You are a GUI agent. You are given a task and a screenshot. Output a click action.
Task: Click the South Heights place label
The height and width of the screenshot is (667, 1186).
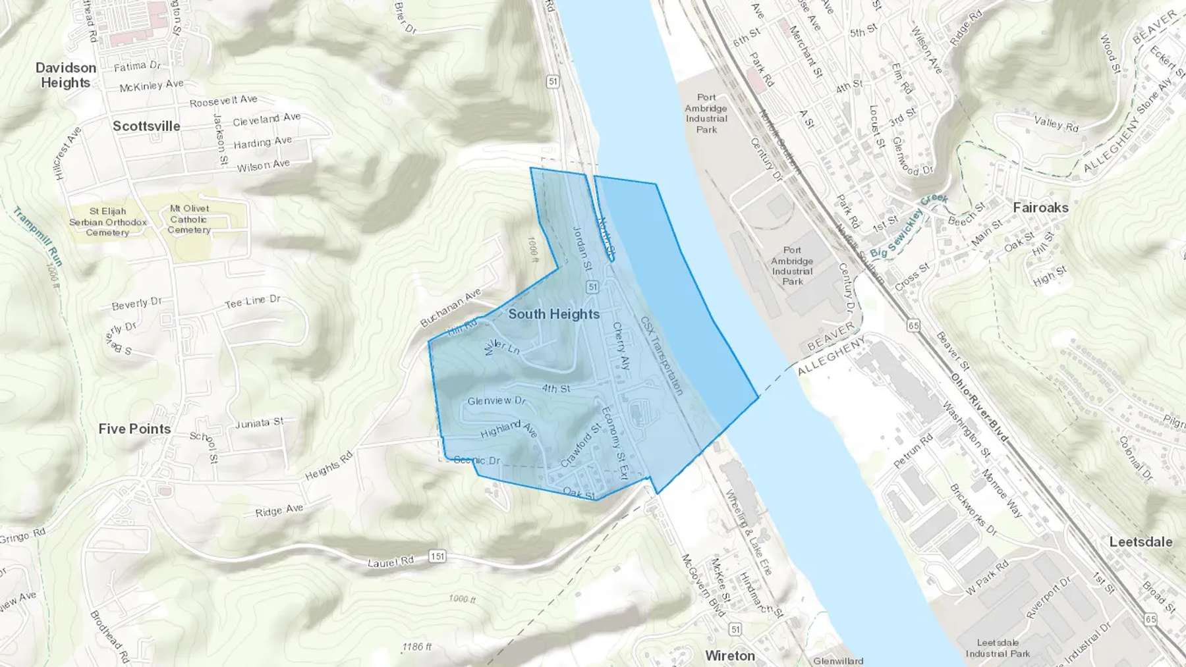pyautogui.click(x=553, y=314)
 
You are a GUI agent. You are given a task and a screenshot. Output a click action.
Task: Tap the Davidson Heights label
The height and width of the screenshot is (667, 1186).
pyautogui.click(x=65, y=75)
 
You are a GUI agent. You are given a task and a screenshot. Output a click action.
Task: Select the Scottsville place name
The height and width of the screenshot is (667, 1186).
pyautogui.click(x=146, y=126)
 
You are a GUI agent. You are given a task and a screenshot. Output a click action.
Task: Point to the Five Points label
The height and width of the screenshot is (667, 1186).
pyautogui.click(x=134, y=429)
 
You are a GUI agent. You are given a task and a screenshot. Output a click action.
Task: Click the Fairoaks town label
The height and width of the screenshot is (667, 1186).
pyautogui.click(x=1040, y=207)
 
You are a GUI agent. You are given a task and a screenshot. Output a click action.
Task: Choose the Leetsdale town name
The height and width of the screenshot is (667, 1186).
pyautogui.click(x=1141, y=542)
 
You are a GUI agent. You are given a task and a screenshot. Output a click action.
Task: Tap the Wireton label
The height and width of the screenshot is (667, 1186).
pyautogui.click(x=729, y=656)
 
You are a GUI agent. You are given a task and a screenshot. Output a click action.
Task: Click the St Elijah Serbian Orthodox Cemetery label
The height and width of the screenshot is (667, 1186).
pyautogui.click(x=108, y=222)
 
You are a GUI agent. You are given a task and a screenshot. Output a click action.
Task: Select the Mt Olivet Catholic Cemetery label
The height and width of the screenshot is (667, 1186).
pyautogui.click(x=189, y=219)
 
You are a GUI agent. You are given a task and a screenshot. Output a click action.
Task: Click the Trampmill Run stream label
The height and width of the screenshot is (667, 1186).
pyautogui.click(x=38, y=237)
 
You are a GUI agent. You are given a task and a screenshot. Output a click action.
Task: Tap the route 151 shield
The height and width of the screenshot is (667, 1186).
pyautogui.click(x=438, y=556)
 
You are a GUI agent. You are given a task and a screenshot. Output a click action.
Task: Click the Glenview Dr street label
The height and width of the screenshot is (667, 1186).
pyautogui.click(x=496, y=400)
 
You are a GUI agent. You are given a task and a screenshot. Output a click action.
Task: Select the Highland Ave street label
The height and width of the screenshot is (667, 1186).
pyautogui.click(x=509, y=430)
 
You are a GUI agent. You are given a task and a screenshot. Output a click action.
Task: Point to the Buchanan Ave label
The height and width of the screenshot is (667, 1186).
pyautogui.click(x=451, y=307)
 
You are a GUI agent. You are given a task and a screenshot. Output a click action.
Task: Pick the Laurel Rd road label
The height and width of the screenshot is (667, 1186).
pyautogui.click(x=391, y=562)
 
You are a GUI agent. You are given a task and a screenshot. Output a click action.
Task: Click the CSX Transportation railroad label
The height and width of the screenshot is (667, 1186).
pyautogui.click(x=662, y=356)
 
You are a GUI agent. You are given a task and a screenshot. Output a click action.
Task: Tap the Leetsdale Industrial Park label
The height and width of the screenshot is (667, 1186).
pyautogui.click(x=998, y=648)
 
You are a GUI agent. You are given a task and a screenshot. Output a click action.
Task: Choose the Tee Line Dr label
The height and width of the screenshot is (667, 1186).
pyautogui.click(x=252, y=302)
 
